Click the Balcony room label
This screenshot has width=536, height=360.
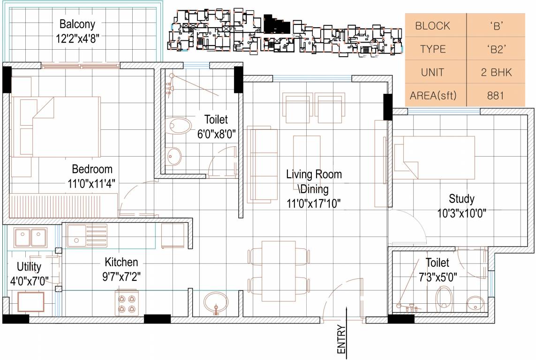tap(77, 24)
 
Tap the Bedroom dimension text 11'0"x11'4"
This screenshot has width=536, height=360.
tap(92, 183)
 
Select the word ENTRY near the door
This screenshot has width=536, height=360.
tap(341, 339)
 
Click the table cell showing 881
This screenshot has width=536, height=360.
tap(495, 96)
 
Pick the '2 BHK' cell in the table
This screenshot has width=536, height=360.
tap(495, 73)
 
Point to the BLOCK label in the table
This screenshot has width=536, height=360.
tap(432, 26)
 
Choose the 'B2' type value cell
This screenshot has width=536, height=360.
tap(495, 49)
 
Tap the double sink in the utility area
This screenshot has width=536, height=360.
tap(30, 237)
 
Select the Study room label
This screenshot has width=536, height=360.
tap(461, 198)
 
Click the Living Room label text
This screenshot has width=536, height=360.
tap(314, 174)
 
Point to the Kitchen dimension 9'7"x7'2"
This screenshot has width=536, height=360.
tap(121, 276)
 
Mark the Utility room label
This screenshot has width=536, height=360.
tap(29, 267)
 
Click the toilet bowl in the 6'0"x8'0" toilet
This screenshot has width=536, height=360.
tap(180, 124)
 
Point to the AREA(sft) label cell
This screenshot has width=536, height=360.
tap(432, 96)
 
